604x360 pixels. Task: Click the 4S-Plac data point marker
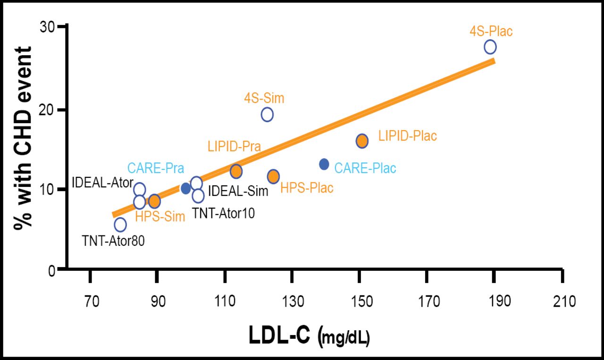pyautogui.click(x=490, y=47)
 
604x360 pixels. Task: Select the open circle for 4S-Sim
pyautogui.click(x=267, y=114)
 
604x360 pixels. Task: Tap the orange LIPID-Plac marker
pyautogui.click(x=362, y=141)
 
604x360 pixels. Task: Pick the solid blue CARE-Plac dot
pyautogui.click(x=324, y=164)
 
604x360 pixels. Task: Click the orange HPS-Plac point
pyautogui.click(x=273, y=176)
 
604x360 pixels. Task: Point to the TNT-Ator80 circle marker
pyautogui.click(x=120, y=225)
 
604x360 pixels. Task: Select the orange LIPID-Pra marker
pyautogui.click(x=236, y=171)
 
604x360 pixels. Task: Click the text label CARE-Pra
pyautogui.click(x=155, y=168)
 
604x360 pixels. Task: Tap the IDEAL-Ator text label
pyautogui.click(x=101, y=182)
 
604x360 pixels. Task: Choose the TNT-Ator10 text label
pyautogui.click(x=223, y=213)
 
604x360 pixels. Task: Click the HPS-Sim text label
pyautogui.click(x=160, y=218)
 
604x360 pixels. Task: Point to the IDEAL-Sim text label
pyautogui.click(x=238, y=192)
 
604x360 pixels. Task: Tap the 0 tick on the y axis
pyautogui.click(x=52, y=270)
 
